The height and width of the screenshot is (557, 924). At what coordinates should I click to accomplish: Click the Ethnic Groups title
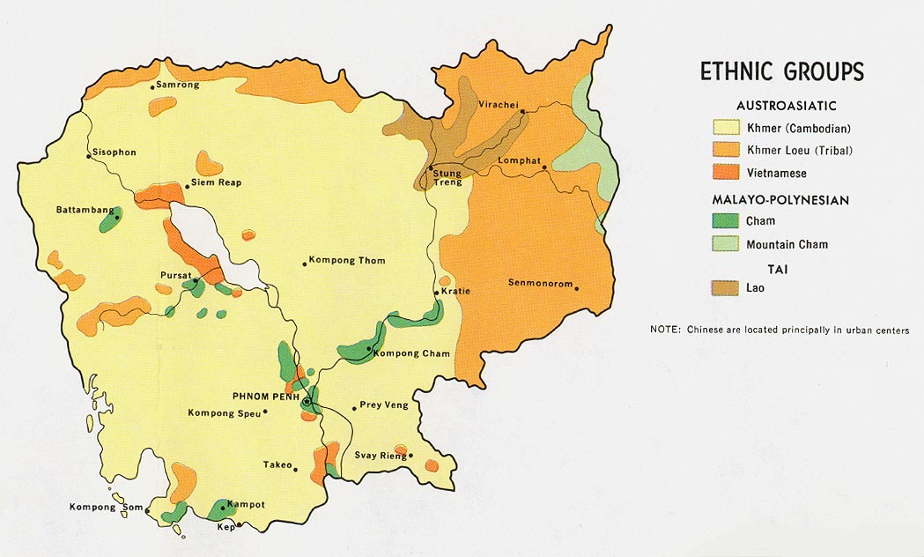[781, 71]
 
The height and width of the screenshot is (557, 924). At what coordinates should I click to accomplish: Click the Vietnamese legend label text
[776, 174]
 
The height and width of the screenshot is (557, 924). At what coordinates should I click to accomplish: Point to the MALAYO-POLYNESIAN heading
[780, 200]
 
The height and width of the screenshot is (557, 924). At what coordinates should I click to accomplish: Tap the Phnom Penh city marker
[307, 402]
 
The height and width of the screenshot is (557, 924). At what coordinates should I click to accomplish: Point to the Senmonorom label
[540, 283]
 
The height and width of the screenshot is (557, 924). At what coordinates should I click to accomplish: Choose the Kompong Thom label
[347, 261]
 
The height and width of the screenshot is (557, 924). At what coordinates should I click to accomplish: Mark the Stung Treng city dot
[431, 167]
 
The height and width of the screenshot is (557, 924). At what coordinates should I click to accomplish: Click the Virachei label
[497, 104]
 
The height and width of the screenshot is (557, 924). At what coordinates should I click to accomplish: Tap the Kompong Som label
[106, 507]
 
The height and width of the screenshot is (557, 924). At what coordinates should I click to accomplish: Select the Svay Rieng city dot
[410, 456]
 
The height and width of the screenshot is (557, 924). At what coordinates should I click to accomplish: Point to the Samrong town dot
[152, 86]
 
